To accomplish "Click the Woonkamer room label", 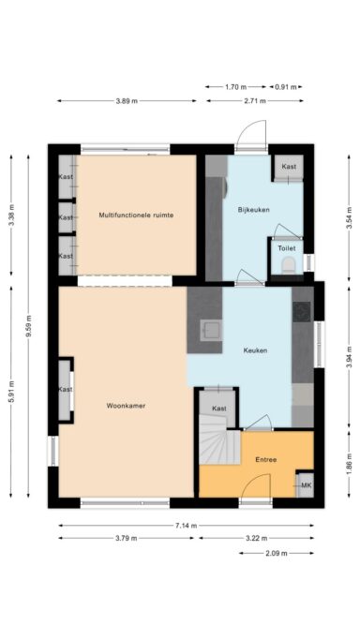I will (126, 406).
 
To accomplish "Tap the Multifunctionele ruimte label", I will (136, 215).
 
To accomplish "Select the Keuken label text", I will (255, 350).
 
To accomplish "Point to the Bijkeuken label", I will (253, 209).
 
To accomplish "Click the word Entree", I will (266, 459).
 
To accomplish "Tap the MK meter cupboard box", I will (305, 485).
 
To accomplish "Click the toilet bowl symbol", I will (288, 267).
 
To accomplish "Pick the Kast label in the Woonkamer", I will (65, 389).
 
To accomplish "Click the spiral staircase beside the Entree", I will (217, 445).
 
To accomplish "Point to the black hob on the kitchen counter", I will (303, 311).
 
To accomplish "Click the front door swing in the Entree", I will (251, 487).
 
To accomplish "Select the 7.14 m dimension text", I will (186, 526).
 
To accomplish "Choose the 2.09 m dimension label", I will (276, 553).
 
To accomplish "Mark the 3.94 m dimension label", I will (348, 357).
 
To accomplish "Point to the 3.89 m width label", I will (126, 100).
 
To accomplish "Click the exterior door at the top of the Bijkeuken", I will (249, 139).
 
